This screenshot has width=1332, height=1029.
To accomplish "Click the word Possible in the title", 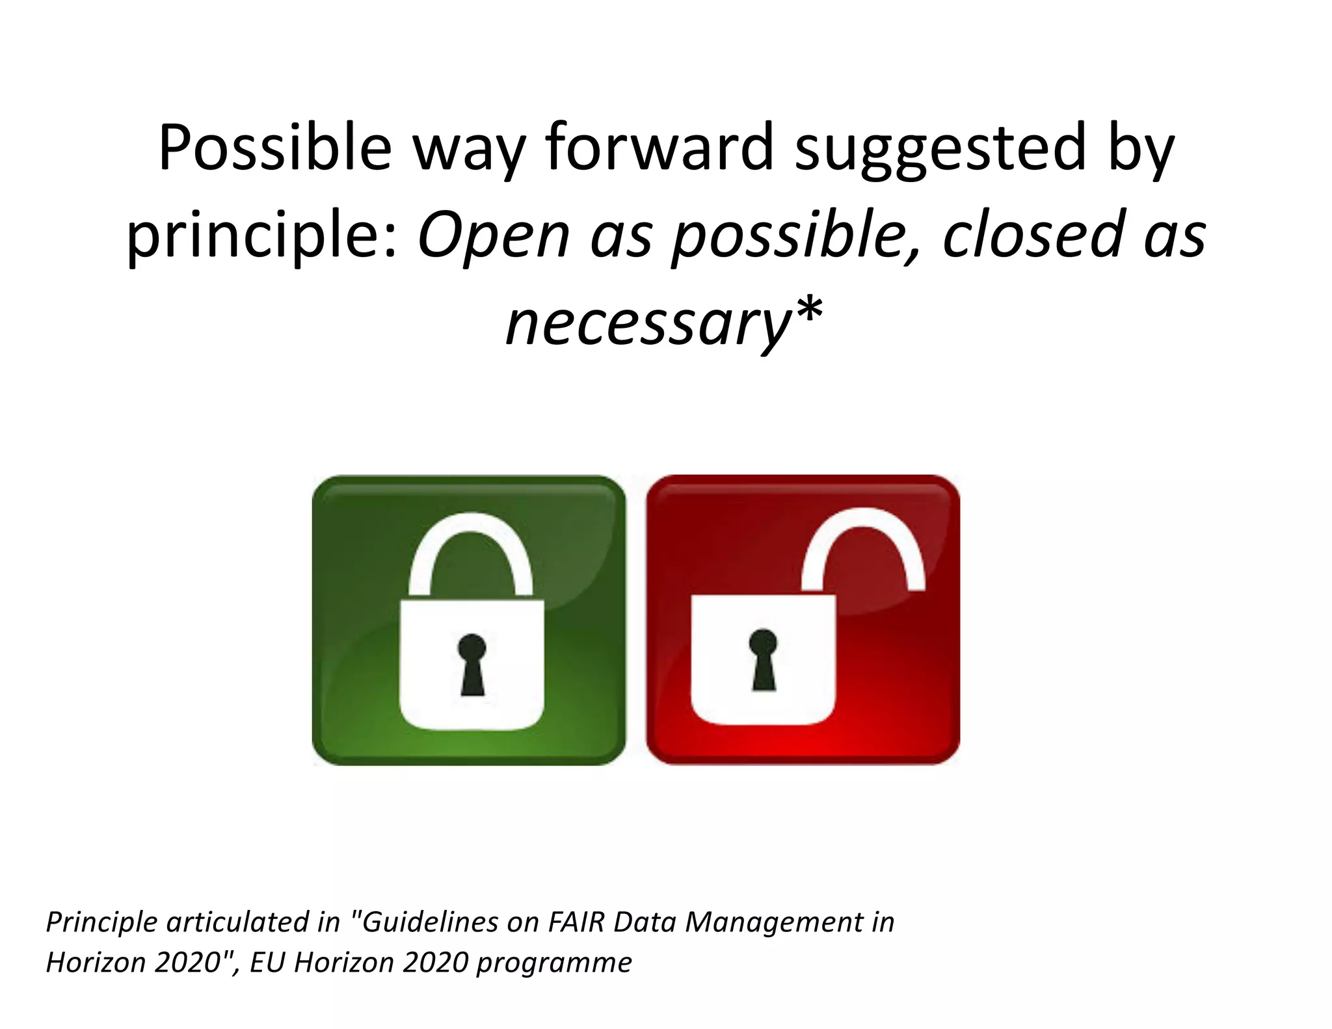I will click(x=274, y=148).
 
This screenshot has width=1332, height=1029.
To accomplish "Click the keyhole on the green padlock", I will click(x=472, y=663).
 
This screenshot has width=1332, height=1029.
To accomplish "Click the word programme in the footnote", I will click(x=553, y=963).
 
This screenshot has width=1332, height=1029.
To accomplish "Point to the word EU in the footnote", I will click(x=267, y=963).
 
